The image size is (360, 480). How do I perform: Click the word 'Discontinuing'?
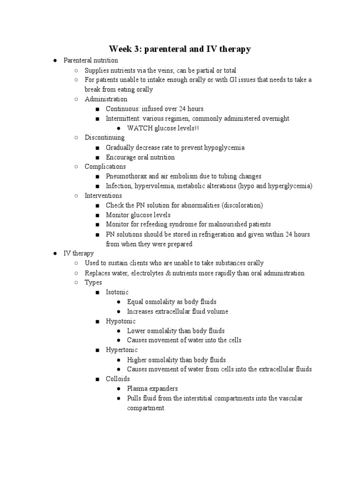(105, 138)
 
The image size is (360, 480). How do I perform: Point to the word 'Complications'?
(105, 166)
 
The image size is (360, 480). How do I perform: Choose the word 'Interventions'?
(103, 195)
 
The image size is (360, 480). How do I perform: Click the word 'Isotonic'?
(117, 292)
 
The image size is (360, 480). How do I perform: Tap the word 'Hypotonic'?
(120, 321)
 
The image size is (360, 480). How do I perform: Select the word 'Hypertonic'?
(121, 350)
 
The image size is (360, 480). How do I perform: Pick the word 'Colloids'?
(118, 379)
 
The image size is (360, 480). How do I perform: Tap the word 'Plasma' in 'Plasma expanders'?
(137, 389)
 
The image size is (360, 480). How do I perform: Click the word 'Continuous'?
(122, 109)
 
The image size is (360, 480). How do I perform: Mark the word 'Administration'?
(106, 99)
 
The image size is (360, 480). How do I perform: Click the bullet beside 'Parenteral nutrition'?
(55, 60)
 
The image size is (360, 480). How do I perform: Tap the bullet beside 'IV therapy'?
(55, 254)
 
